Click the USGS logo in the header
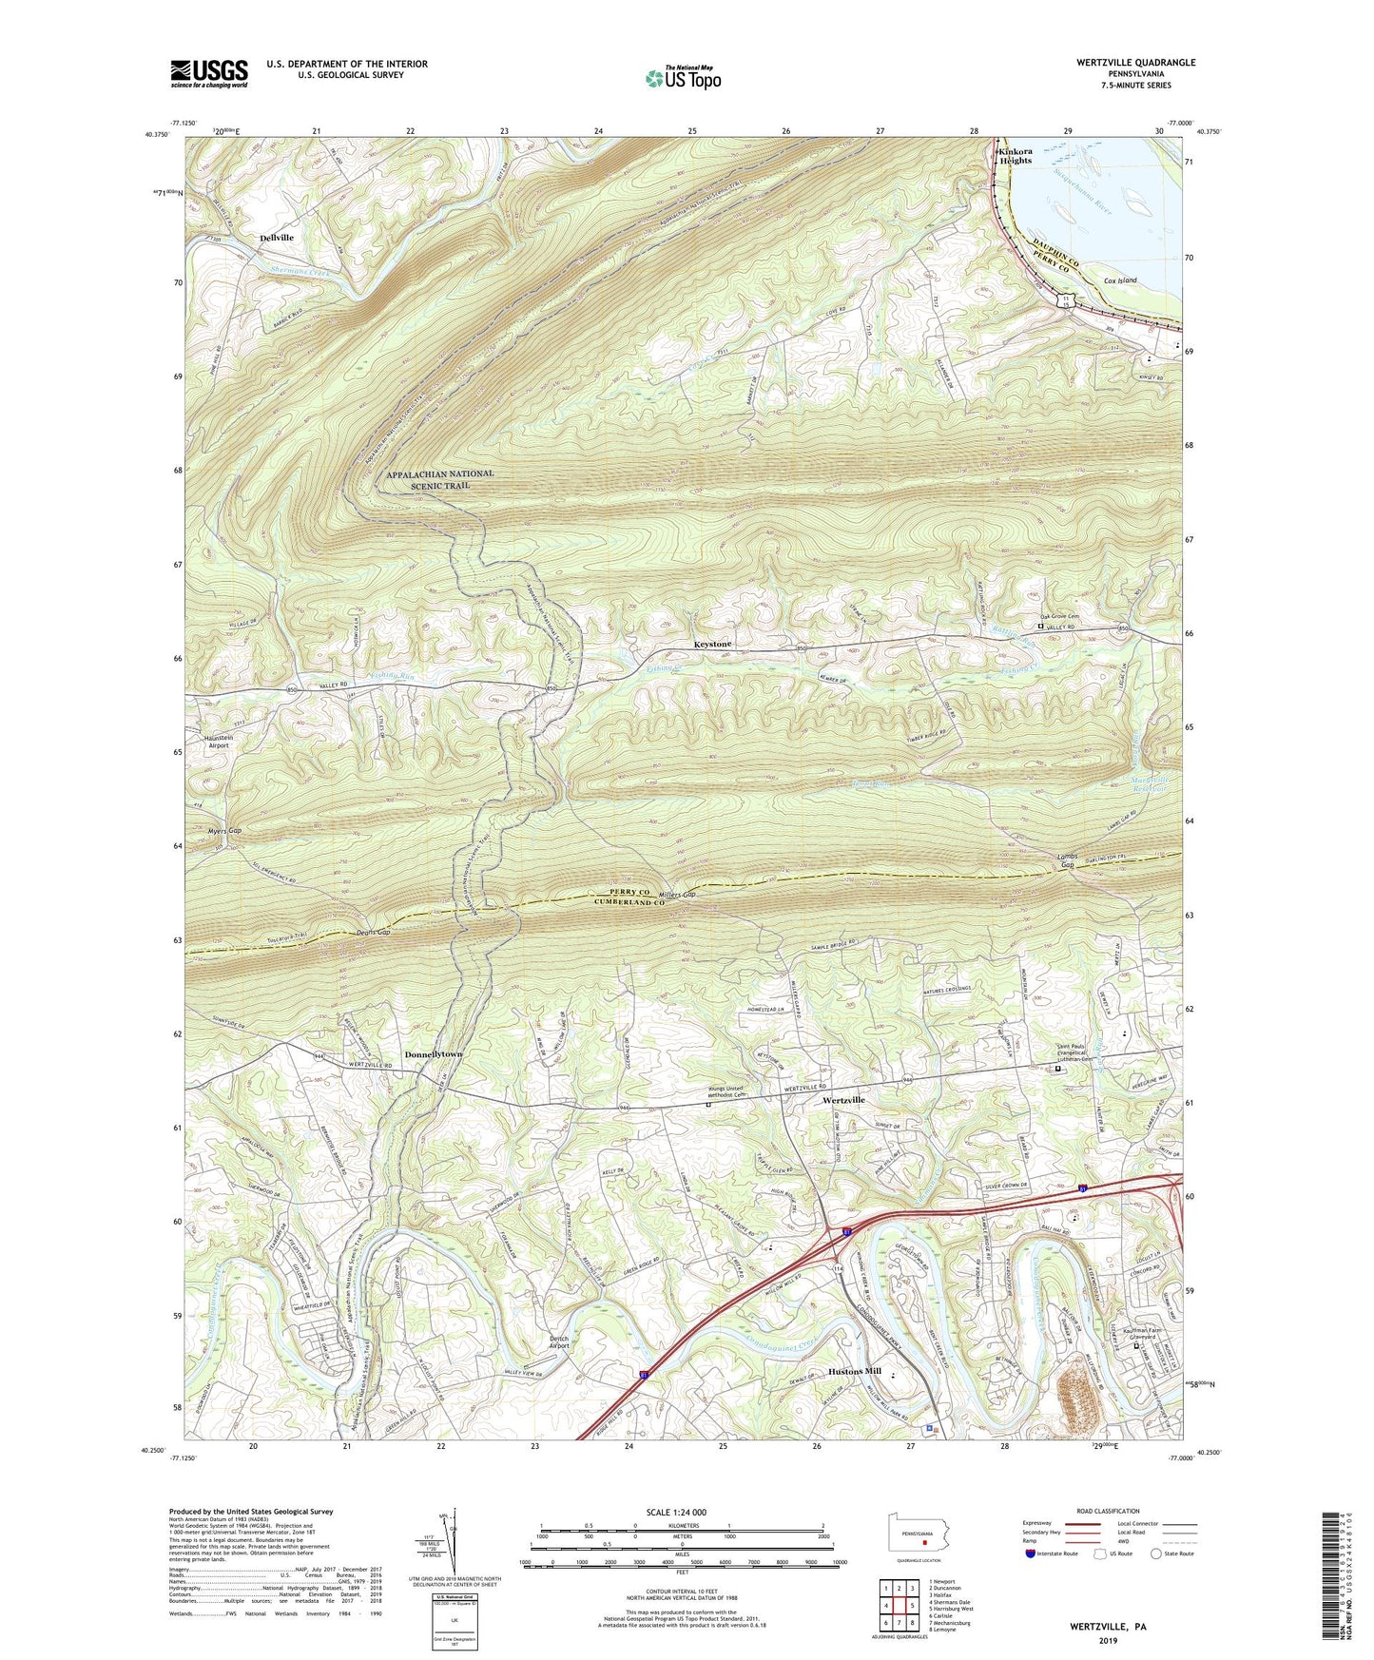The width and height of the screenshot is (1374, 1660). pos(209,72)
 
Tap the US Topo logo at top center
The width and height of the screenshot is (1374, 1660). pos(682,78)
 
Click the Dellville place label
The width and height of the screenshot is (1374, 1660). pos(277,238)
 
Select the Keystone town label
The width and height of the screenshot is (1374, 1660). pos(712,645)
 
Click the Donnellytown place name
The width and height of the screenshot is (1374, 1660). pos(433,1054)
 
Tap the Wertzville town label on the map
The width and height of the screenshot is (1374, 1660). pos(843,1100)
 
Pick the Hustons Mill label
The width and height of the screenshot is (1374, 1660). pos(855,1372)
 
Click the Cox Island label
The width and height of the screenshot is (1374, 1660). pos(1120,281)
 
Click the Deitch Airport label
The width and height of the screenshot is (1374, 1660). pos(559,1342)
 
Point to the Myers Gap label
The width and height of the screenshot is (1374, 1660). pos(224,831)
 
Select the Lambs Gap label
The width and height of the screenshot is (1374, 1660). pos(1067,860)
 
